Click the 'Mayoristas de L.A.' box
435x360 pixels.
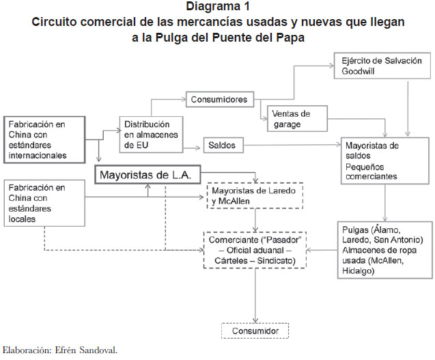pos(148,175)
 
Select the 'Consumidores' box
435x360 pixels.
pos(220,99)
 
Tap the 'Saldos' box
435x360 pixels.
pos(223,146)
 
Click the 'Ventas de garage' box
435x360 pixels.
pos(297,118)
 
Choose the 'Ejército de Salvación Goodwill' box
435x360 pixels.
pos(382,66)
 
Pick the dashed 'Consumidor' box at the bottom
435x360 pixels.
pos(255,331)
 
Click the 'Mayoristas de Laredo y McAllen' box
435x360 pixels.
pos(255,195)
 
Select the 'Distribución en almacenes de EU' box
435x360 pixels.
pos(151,135)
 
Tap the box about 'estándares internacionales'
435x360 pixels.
pos(44,139)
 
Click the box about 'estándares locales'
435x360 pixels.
pos(44,203)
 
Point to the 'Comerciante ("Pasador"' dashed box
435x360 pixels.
pos(255,250)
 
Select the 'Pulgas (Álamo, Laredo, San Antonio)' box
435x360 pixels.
pos(385,250)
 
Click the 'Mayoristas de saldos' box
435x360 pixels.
pos(385,161)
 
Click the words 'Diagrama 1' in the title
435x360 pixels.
pos(218,6)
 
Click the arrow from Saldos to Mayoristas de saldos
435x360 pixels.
pos(292,145)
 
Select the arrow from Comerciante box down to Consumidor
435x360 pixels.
pos(255,296)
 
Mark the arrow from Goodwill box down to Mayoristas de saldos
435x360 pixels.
pos(408,108)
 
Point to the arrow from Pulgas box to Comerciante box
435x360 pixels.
pos(322,250)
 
